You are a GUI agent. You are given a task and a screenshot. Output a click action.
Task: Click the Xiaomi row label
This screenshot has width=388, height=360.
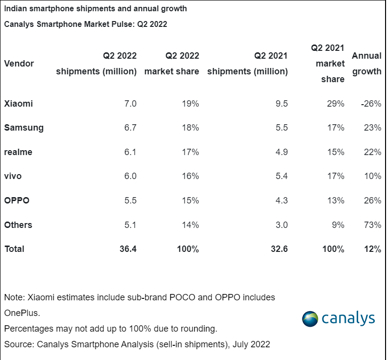pyautogui.click(x=19, y=104)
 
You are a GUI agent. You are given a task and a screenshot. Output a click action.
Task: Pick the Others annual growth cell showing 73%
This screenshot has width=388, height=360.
pyautogui.click(x=373, y=225)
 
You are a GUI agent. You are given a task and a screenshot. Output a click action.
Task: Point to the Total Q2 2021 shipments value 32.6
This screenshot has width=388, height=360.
pyautogui.click(x=278, y=249)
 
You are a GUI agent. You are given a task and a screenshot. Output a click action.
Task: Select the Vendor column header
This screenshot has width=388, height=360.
pyautogui.click(x=19, y=64)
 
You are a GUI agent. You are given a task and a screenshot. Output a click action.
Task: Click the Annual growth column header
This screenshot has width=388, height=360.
pyautogui.click(x=366, y=64)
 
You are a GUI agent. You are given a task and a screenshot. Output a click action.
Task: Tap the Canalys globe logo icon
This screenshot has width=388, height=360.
pyautogui.click(x=310, y=318)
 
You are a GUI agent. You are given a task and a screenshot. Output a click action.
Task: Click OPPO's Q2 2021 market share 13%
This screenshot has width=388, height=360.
pyautogui.click(x=336, y=201)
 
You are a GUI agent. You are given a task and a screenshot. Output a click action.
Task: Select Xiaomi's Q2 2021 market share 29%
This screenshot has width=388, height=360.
pyautogui.click(x=336, y=104)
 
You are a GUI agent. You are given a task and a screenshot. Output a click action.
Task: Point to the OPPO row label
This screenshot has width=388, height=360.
pyautogui.click(x=17, y=201)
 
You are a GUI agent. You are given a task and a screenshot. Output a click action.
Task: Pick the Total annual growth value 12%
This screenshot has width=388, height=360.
pyautogui.click(x=372, y=249)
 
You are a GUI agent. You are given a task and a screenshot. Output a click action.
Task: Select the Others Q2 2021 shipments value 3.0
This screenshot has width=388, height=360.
pyautogui.click(x=281, y=225)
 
